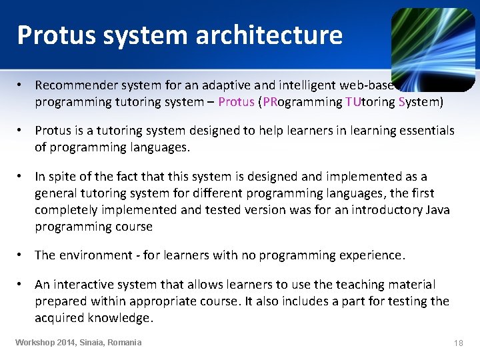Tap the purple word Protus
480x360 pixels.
(x=236, y=102)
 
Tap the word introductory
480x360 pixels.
(x=379, y=210)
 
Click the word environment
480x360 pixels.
(x=97, y=255)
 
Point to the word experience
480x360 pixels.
(x=369, y=255)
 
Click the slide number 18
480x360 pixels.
(x=458, y=343)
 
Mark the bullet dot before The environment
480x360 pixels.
(x=22, y=255)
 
